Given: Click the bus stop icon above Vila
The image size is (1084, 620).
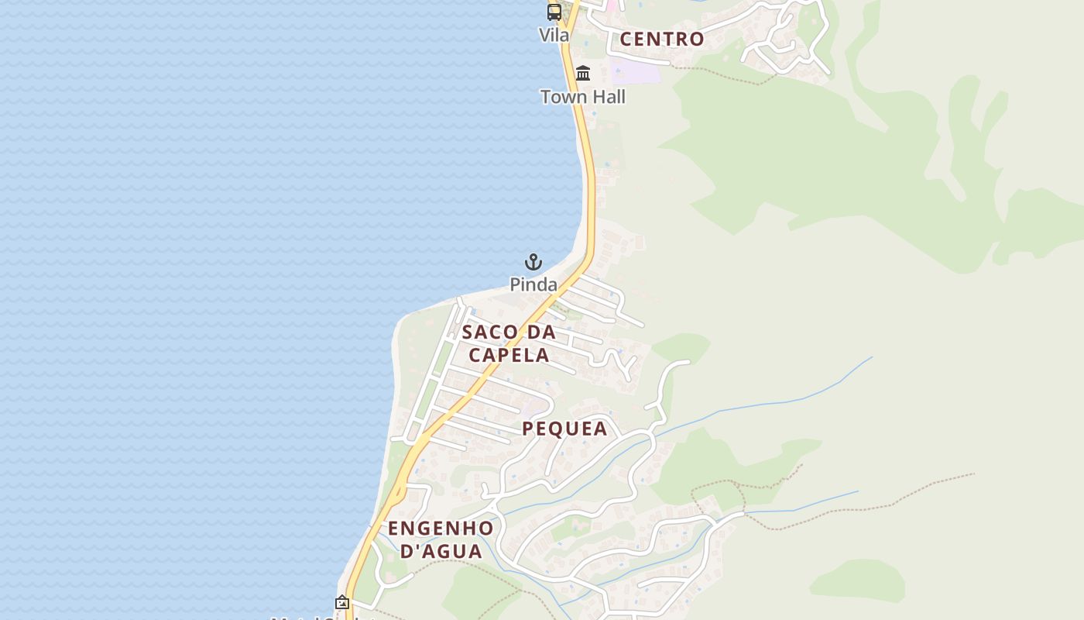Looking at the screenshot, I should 554,12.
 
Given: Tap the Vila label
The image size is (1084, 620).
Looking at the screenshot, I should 554,35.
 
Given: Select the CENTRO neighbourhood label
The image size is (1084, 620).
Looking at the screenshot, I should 662,39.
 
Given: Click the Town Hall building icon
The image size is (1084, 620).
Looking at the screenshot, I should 583,74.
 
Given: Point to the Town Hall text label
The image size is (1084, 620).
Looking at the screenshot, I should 582,97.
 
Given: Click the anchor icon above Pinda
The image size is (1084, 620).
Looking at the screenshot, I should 533,262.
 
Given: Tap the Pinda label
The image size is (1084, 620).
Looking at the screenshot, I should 533,284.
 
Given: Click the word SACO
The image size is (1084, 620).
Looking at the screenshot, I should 490,332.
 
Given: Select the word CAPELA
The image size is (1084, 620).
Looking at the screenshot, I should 509,355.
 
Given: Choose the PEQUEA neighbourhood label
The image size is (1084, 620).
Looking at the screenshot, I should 564,429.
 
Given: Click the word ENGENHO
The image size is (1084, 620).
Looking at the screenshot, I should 441,529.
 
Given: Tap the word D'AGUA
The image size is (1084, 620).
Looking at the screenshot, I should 441,551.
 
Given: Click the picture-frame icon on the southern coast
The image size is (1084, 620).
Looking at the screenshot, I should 342,602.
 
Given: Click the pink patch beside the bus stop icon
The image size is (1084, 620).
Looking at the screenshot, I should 612,5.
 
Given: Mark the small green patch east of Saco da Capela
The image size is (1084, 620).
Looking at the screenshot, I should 681,346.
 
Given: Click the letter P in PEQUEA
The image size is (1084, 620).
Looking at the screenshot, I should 528,429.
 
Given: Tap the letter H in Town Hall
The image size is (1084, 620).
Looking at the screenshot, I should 588,97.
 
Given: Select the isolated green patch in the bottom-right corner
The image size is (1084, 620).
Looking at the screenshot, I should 859,580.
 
